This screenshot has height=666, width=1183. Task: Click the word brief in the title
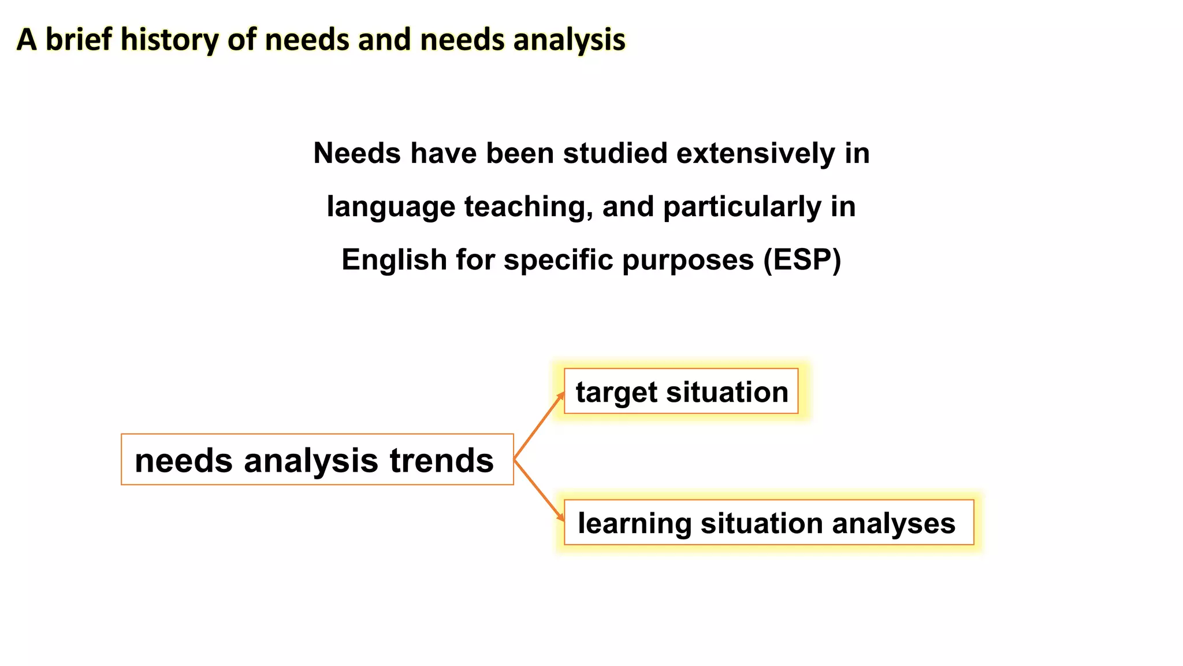[79, 40]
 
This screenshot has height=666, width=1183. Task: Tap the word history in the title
[169, 40]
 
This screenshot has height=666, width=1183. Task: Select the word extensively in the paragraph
[756, 154]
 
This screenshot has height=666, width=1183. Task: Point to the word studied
[615, 154]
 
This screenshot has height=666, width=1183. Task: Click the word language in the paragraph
[391, 208]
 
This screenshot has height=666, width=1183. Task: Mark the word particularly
[742, 208]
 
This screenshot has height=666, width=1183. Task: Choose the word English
[394, 260]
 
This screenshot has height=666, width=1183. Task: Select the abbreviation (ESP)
[802, 260]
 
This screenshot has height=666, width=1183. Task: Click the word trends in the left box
[441, 461]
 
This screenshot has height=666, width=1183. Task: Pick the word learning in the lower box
[634, 524]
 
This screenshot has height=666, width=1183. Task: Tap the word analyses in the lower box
[894, 524]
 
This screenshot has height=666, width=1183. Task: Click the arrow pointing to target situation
[539, 425]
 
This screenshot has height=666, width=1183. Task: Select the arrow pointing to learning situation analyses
[539, 490]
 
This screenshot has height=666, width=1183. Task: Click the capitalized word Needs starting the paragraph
[357, 154]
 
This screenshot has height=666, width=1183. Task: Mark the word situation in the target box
[727, 392]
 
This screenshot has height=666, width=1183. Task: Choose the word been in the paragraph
[520, 154]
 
